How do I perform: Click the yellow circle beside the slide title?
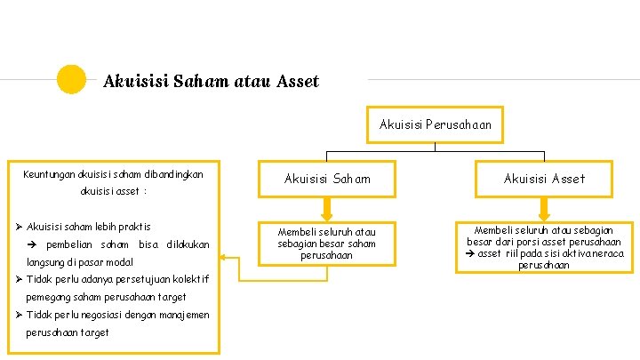pos(71,80)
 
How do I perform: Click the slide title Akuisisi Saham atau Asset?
pos(211,82)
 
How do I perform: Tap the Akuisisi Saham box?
pos(327,179)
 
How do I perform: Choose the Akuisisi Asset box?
pos(544,179)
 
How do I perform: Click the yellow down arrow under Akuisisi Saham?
pos(327,208)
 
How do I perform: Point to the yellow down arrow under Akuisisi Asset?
pos(544,208)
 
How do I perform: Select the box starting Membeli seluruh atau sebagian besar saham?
pos(327,243)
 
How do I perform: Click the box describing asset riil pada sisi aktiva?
pos(544,247)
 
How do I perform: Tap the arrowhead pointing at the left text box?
pos(224,259)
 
